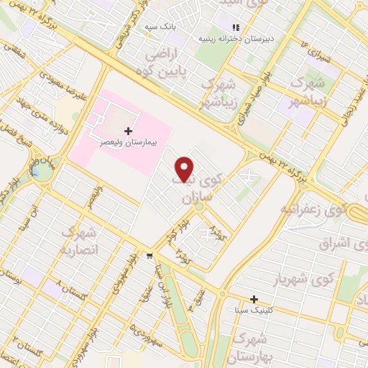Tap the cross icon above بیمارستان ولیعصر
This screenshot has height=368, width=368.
129,131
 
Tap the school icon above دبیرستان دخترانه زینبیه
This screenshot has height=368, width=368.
234,29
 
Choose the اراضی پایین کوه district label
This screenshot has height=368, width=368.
163,63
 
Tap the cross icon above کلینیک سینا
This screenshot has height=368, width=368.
253,299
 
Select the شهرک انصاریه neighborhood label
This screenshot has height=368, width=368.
76,240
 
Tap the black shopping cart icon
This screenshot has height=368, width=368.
149,254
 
